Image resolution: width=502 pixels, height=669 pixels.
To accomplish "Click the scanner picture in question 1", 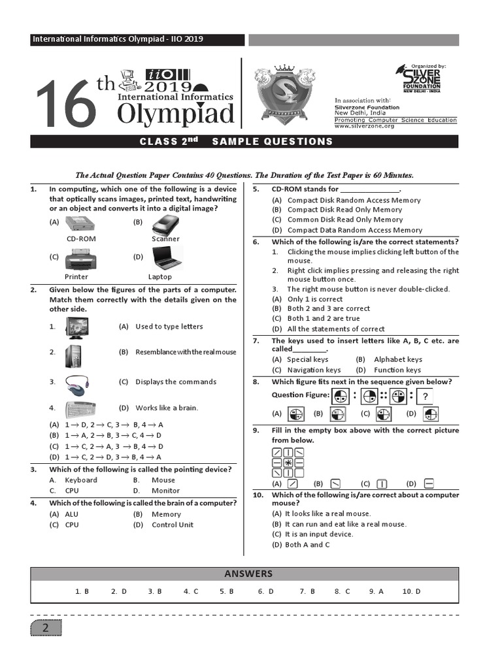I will click(165, 225).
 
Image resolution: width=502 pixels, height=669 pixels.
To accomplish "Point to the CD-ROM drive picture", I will click(81, 225).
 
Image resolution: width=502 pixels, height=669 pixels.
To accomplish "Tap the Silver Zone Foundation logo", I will click(422, 79).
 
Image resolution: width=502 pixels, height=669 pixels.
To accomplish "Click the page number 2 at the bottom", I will click(46, 628).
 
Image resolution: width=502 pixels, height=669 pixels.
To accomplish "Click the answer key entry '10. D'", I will click(411, 591).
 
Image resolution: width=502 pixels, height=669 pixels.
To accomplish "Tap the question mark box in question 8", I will click(425, 396).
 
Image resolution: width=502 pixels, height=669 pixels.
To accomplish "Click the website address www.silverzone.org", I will click(364, 126).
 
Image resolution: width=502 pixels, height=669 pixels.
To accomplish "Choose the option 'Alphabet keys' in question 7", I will click(397, 359).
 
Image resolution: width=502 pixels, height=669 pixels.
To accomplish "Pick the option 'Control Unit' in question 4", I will click(173, 525).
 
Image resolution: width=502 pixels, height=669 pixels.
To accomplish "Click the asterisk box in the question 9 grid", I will click(288, 463).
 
